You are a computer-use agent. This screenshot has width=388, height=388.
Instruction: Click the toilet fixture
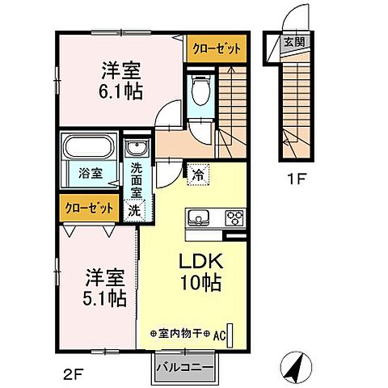click(200, 90)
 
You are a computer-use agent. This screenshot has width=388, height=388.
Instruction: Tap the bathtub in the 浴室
click(89, 147)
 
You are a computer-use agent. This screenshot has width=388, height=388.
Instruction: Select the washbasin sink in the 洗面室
click(137, 147)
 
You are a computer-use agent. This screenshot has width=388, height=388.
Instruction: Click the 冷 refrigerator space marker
click(199, 175)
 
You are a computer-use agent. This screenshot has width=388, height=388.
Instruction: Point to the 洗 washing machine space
click(134, 210)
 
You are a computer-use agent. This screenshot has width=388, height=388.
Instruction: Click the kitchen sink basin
click(199, 217)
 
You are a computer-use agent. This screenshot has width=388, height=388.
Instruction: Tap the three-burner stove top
click(235, 217)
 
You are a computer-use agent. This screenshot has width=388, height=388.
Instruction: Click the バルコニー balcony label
click(185, 367)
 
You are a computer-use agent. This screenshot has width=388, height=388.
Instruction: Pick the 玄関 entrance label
click(294, 42)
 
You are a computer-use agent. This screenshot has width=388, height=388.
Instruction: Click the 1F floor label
click(297, 179)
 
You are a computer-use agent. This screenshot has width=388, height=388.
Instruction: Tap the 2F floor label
click(72, 374)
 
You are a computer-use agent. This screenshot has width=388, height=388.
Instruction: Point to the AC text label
click(219, 336)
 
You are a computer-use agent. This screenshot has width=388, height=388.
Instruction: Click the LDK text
click(201, 261)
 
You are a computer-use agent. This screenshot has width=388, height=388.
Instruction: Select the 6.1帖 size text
click(120, 91)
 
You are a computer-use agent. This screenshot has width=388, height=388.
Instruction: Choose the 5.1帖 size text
click(104, 298)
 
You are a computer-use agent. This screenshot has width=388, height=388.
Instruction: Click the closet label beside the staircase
click(217, 49)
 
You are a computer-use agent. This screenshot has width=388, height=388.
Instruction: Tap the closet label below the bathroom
click(89, 209)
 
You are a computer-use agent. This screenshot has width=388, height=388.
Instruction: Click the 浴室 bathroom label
click(91, 173)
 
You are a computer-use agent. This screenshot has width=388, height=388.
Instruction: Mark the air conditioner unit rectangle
click(230, 335)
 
